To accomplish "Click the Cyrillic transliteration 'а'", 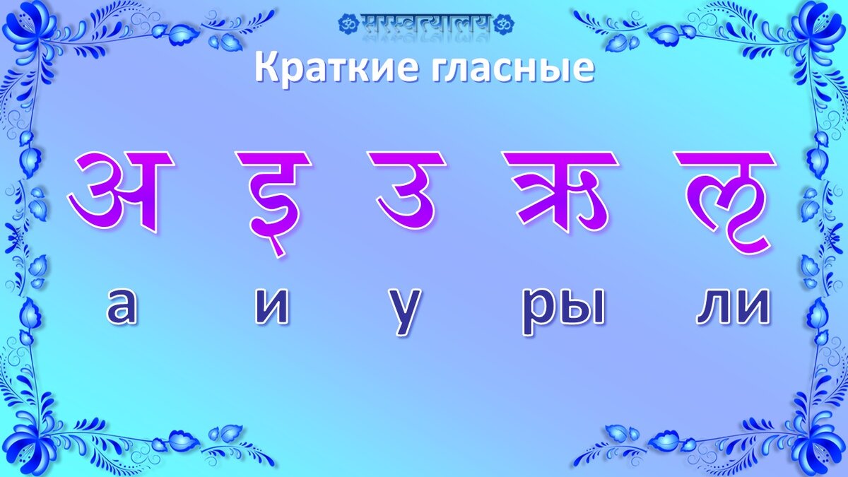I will tap(122, 307).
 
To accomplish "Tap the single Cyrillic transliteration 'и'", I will tap(272, 308).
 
